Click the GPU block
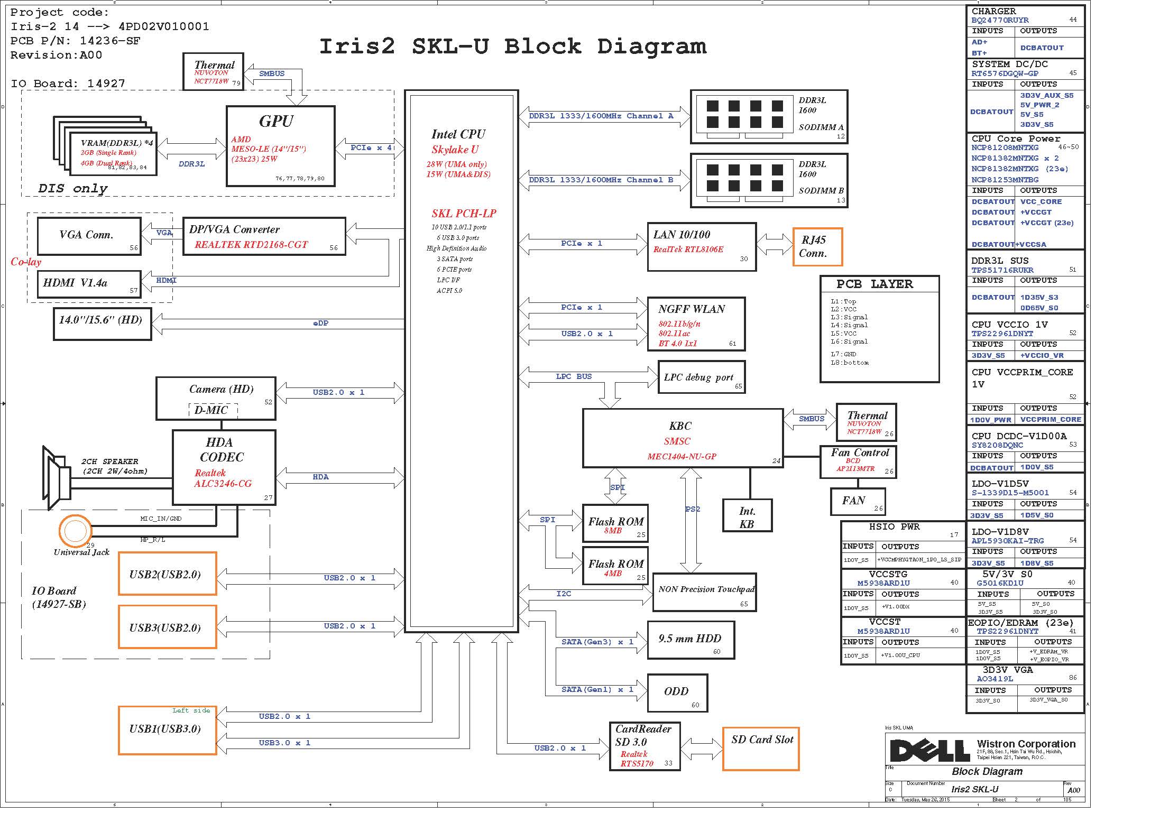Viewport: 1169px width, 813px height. pos(280,146)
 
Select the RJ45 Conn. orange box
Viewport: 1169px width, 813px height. pos(817,247)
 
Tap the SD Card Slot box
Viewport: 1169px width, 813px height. pos(760,749)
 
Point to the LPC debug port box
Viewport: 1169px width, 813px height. pos(701,377)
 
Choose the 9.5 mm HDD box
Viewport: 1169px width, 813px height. pos(691,640)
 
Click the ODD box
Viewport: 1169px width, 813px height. pos(677,692)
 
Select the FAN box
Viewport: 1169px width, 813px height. pos(857,501)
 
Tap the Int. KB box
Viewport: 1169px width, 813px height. pos(747,517)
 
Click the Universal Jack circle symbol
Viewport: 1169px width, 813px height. pos(75,530)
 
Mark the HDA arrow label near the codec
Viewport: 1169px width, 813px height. pos(320,477)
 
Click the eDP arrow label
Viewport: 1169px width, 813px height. pos(320,324)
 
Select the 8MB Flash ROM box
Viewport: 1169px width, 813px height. pos(615,523)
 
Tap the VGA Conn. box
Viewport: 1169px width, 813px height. pos(89,236)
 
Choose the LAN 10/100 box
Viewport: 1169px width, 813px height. pos(701,247)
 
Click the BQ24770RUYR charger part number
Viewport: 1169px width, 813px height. pos(1000,21)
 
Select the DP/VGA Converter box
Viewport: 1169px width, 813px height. pos(264,236)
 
